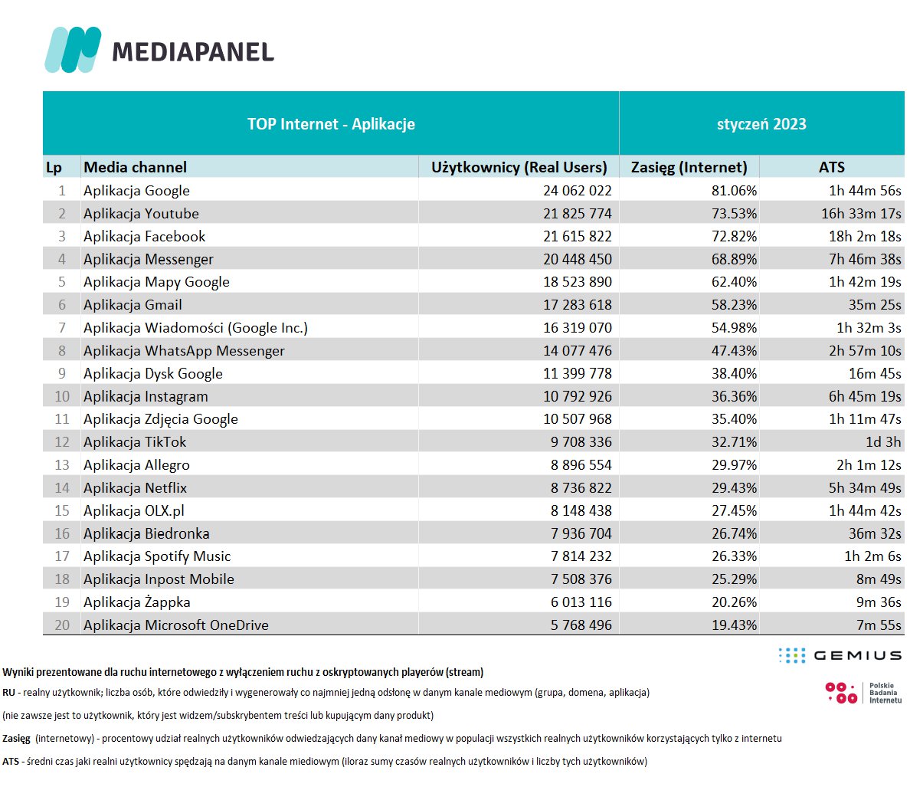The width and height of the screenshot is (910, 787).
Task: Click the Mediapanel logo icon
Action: point(73,50)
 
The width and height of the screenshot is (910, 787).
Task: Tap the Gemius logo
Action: point(840,655)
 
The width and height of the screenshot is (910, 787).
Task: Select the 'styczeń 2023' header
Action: point(761,124)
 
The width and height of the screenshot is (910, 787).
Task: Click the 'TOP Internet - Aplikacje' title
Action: point(331,124)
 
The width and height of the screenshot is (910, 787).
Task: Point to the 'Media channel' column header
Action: point(135,167)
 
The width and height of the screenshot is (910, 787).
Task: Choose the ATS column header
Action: point(832,167)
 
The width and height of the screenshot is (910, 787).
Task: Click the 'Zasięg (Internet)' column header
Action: point(689,167)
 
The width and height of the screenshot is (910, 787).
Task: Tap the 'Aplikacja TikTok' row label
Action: point(135,442)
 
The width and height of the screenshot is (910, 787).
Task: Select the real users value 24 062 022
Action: point(578,191)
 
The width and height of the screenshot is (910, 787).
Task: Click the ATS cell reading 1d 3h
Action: point(883,442)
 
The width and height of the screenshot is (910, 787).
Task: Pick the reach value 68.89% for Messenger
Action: point(734,259)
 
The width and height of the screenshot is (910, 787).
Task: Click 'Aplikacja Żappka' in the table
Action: point(137,602)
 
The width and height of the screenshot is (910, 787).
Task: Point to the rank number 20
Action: point(62,625)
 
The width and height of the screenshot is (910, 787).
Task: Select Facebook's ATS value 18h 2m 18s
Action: point(865,236)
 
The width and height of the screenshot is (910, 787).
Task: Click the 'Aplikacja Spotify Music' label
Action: point(157,556)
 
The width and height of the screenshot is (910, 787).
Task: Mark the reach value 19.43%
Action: point(734,625)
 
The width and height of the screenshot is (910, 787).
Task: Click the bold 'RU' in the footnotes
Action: point(8,693)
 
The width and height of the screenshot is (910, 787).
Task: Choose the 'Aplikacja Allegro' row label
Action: point(136,465)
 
